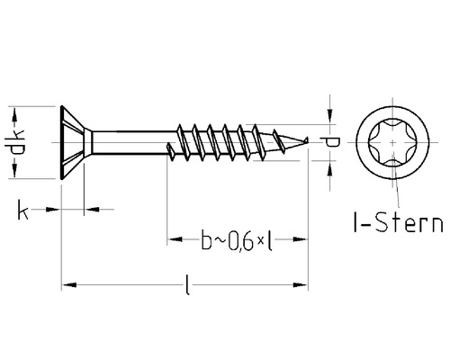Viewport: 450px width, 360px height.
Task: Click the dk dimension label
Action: pyautogui.click(x=15, y=142)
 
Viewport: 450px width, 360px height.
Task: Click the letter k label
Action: pyautogui.click(x=22, y=210)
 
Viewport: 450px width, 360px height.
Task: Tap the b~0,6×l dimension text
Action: pyautogui.click(x=237, y=240)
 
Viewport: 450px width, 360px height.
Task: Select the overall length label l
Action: pyautogui.click(x=187, y=284)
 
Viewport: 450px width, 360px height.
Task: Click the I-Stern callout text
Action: pyautogui.click(x=398, y=222)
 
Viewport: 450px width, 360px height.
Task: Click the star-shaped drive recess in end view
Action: pyautogui.click(x=392, y=142)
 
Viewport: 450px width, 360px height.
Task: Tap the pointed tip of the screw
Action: pyautogui.click(x=308, y=139)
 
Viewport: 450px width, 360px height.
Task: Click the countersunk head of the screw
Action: pyautogui.click(x=74, y=142)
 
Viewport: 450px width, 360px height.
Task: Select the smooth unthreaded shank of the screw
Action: pyautogui.click(x=133, y=142)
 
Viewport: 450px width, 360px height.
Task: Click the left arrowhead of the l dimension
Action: pyautogui.click(x=69, y=284)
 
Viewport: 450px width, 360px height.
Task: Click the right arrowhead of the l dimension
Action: pyautogui.click(x=300, y=284)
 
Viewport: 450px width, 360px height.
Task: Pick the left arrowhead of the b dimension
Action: pyautogui.click(x=175, y=239)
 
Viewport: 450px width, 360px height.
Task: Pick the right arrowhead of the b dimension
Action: pyautogui.click(x=300, y=239)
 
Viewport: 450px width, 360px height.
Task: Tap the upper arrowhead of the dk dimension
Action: pyautogui.click(x=14, y=115)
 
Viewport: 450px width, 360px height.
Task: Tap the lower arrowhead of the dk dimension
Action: pyautogui.click(x=14, y=170)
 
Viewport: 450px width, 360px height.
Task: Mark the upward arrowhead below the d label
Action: pyautogui.click(x=329, y=168)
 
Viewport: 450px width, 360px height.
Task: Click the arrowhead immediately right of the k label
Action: pyautogui.click(x=52, y=210)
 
